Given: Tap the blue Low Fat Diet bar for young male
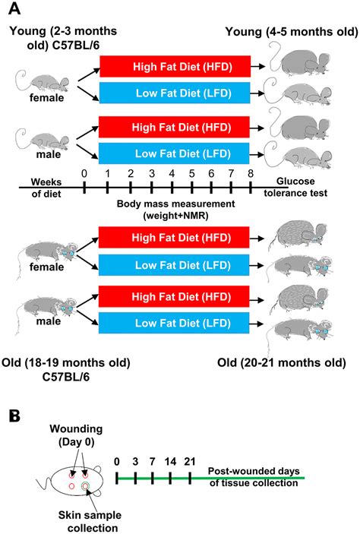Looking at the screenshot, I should (x=175, y=155).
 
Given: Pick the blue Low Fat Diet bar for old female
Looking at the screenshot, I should (x=175, y=264).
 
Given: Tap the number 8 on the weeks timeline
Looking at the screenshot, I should (x=250, y=173).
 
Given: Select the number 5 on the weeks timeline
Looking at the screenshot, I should (x=192, y=173).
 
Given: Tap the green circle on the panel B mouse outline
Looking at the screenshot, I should (x=85, y=485).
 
